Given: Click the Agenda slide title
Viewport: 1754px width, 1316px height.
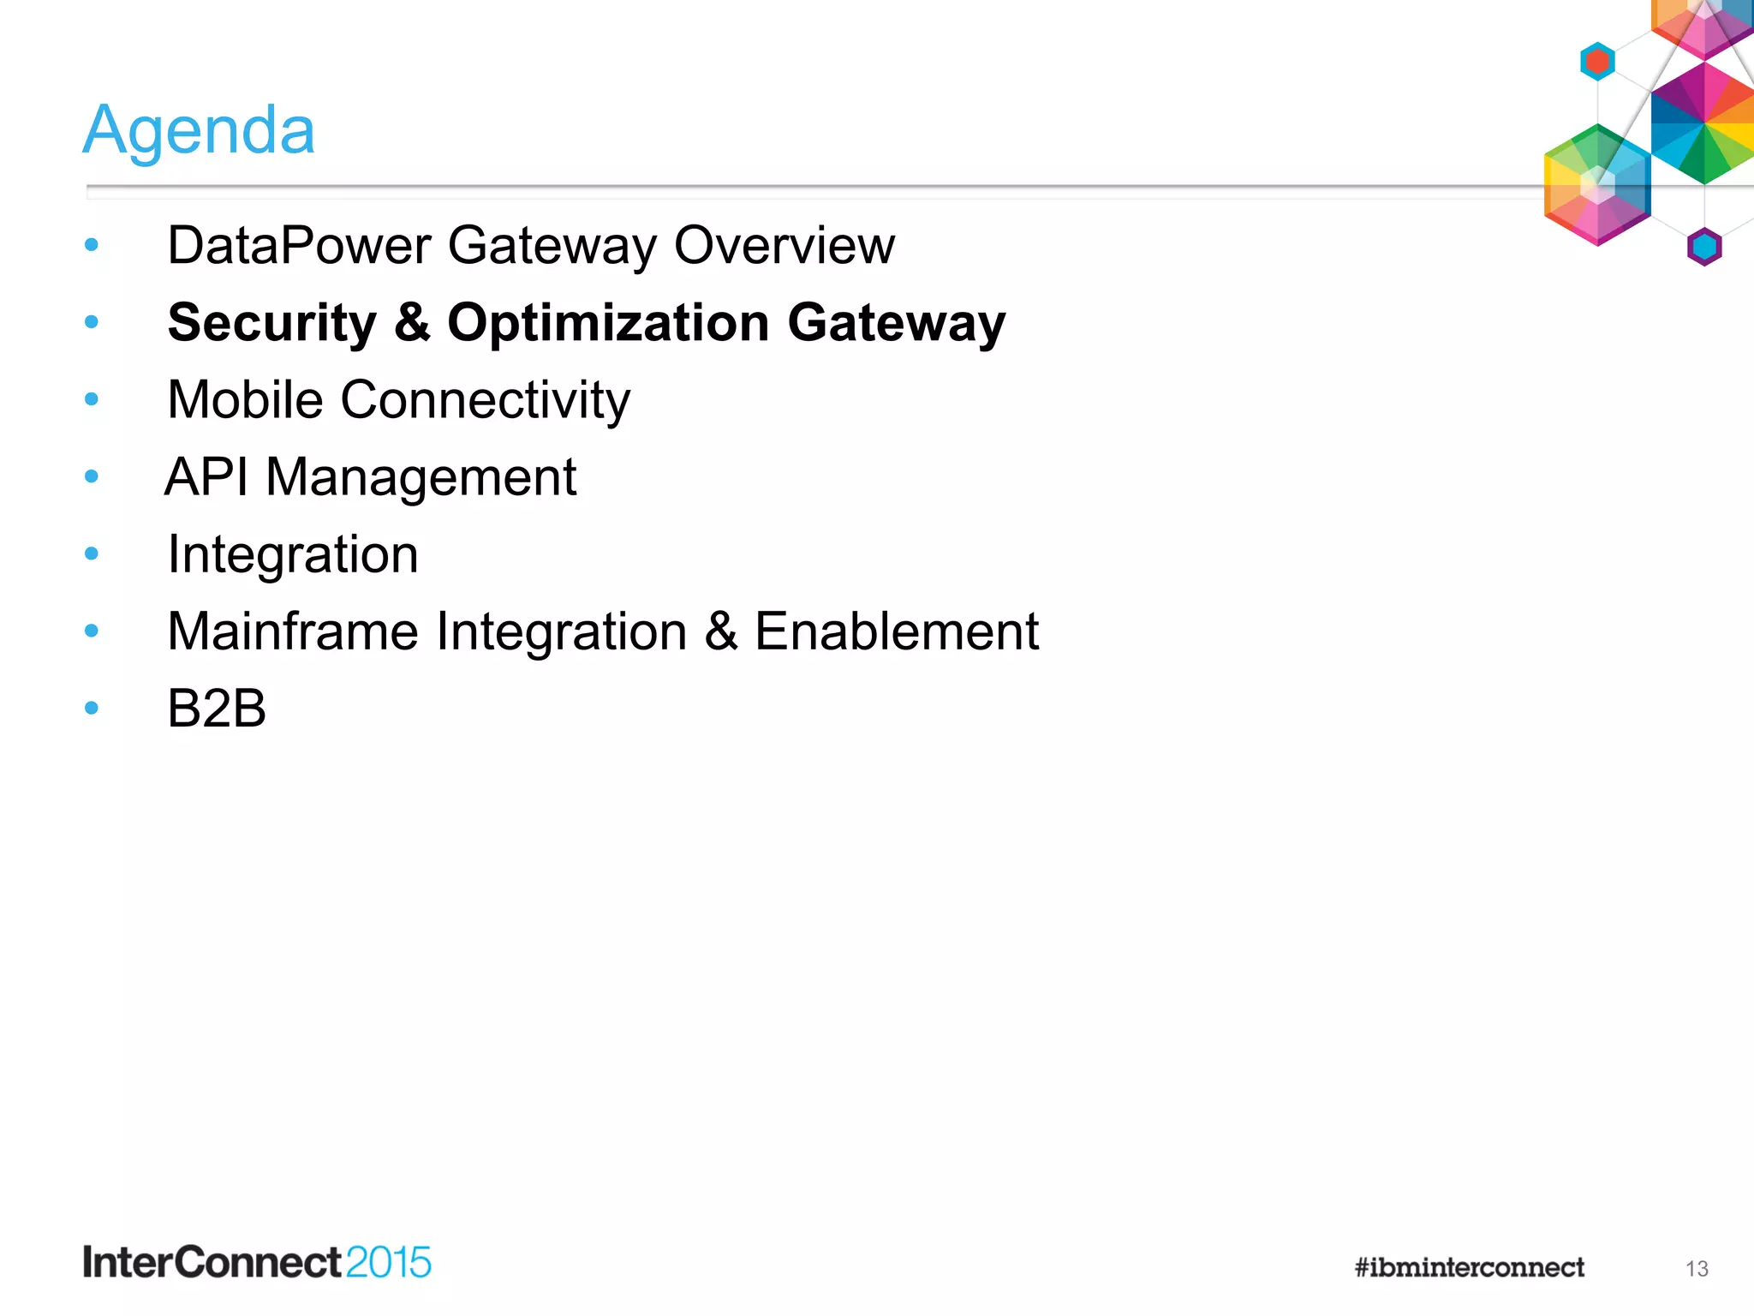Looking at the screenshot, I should [x=199, y=130].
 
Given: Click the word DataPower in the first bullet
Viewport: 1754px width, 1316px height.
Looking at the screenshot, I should [x=299, y=246].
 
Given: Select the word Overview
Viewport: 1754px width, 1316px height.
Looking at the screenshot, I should [x=784, y=246].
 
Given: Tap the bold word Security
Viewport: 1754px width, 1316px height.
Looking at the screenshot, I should [x=271, y=323].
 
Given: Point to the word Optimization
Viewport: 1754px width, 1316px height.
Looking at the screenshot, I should [x=608, y=323].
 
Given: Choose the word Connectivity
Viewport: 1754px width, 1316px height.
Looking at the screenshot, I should [x=485, y=400].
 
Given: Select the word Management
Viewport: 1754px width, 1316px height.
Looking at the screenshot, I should [x=421, y=477].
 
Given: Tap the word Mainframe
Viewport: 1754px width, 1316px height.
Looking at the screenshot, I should [x=293, y=631].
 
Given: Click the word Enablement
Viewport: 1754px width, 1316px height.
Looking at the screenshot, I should [x=896, y=631].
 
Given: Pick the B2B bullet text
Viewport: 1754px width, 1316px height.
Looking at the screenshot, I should [x=217, y=709].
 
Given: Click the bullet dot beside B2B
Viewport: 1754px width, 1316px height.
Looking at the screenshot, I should [x=92, y=708].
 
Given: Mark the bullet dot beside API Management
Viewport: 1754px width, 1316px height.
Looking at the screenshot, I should [x=92, y=476].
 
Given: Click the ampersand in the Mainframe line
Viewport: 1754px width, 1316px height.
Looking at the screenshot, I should [x=720, y=631].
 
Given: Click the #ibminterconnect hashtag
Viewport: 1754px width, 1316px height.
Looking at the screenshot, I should [x=1469, y=1267].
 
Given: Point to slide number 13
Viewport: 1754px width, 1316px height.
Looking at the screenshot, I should [x=1697, y=1269].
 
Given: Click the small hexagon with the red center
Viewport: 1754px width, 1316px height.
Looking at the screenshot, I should [x=1597, y=62].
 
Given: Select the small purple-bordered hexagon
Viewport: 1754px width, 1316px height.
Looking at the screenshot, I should [x=1704, y=247].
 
